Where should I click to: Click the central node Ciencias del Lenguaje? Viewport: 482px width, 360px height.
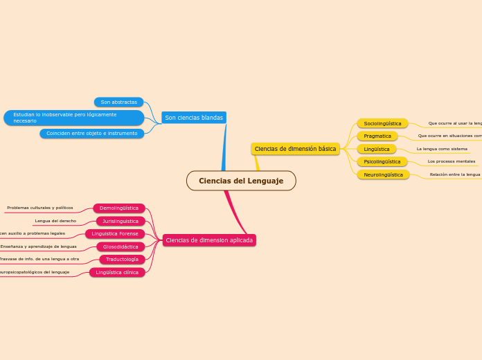point(241,181)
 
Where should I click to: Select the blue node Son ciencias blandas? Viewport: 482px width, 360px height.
point(194,118)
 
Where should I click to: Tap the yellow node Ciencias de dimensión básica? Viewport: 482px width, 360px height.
point(295,149)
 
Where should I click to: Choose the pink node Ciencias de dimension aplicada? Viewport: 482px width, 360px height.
point(209,240)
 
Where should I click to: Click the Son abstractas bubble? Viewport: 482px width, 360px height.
point(118,102)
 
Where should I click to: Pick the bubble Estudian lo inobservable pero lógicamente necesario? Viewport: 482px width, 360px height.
point(73,118)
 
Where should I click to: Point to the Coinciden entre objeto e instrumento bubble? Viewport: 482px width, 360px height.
point(91,134)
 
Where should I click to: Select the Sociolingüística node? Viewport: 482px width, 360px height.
point(382,123)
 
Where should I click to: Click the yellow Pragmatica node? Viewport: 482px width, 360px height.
point(377,136)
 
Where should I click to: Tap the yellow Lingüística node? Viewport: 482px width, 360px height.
point(377,149)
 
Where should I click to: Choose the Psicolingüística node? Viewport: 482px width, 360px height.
point(382,161)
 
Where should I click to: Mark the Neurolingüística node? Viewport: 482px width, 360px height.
point(383,174)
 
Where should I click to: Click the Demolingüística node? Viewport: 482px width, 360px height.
point(119,208)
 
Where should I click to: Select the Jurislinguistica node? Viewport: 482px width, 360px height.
point(120,222)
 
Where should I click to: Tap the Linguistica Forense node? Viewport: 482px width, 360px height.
point(115,234)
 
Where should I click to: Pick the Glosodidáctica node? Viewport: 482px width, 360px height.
point(120,246)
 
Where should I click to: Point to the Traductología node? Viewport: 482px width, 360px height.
point(122,260)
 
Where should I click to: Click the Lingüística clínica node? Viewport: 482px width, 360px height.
point(117,272)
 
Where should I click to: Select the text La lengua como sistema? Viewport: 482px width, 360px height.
point(442,149)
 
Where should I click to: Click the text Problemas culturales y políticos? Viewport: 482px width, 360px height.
point(40,208)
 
